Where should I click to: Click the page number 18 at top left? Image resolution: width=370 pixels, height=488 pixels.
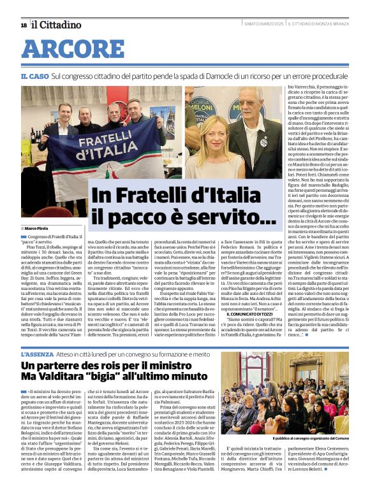(24, 25)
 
